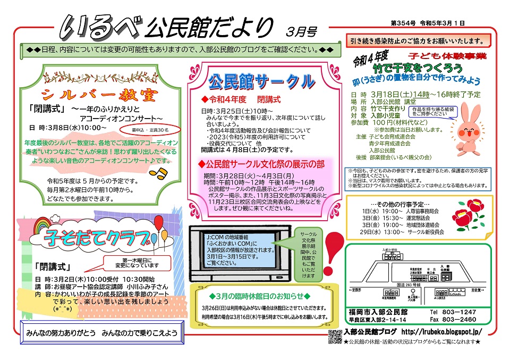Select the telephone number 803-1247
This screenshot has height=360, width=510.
(x=460, y=312)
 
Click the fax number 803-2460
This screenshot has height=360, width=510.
(x=460, y=320)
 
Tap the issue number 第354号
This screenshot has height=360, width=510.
(x=402, y=24)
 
